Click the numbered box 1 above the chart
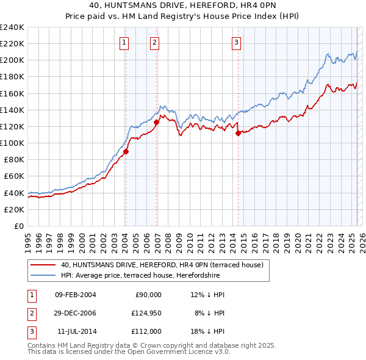point(124,43)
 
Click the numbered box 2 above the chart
point(155,43)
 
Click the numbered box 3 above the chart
point(236,43)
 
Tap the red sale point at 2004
point(126,151)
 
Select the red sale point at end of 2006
point(157,122)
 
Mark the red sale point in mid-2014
point(238,133)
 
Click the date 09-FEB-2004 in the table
point(75,295)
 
